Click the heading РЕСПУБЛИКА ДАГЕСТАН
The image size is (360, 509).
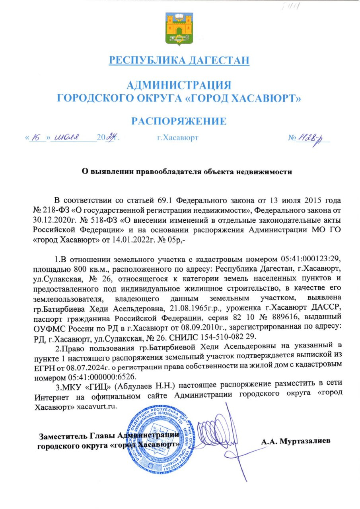179,61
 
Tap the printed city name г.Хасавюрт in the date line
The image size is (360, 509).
178,138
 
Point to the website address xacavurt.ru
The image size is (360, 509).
98,408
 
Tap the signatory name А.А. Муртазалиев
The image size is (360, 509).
296,441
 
